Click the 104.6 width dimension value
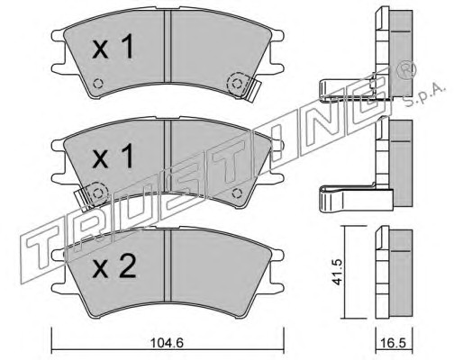point(168,342)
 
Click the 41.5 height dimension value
point(337,273)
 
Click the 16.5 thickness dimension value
point(395,342)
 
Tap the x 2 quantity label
point(114,266)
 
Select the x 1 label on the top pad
point(113,46)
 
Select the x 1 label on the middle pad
point(113,156)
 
